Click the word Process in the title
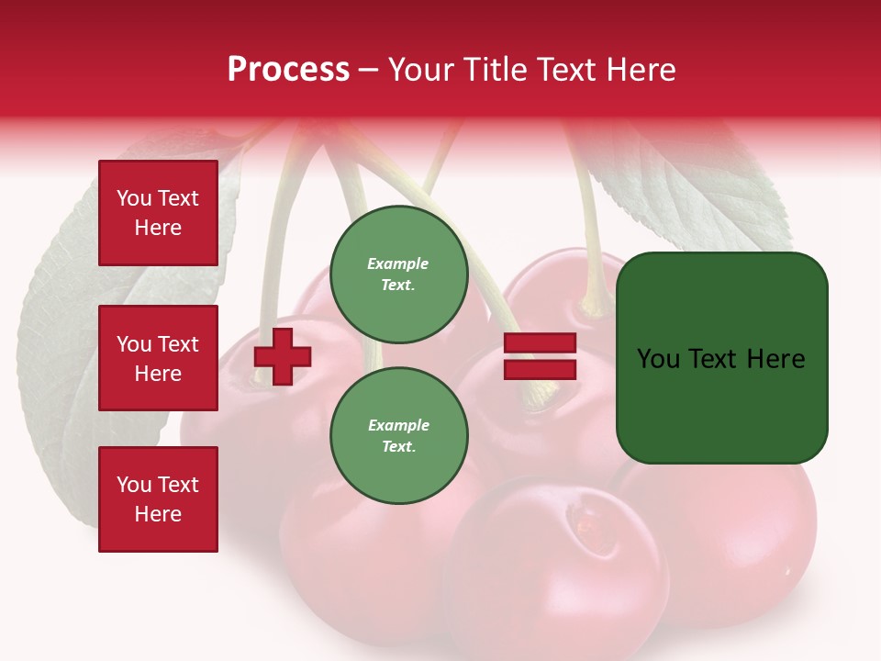tap(288, 70)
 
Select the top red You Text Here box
tap(158, 213)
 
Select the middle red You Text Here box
tap(158, 358)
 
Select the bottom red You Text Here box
tap(158, 499)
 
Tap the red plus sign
tap(283, 356)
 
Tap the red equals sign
tap(540, 356)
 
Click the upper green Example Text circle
tap(399, 274)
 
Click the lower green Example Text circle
tap(399, 436)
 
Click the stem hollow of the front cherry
tap(584, 520)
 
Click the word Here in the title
tap(643, 70)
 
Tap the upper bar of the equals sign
tap(540, 343)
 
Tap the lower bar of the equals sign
tap(540, 370)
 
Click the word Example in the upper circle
tap(398, 263)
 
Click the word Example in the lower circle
tap(398, 425)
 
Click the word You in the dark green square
tap(657, 359)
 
